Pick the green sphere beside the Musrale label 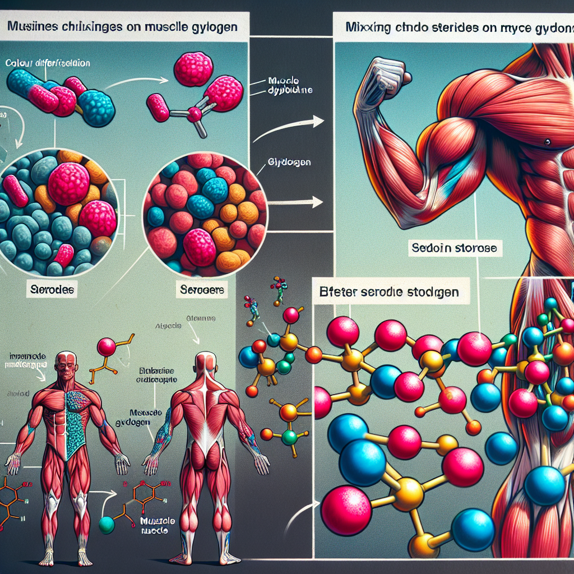[107, 524]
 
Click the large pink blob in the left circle [69, 184]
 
